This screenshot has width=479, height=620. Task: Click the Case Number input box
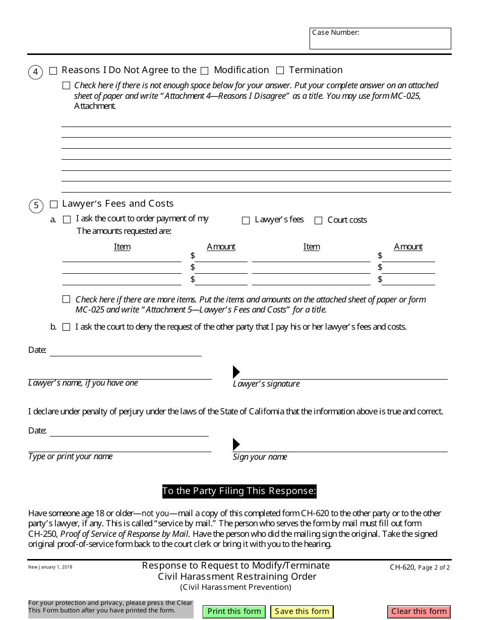coord(380,39)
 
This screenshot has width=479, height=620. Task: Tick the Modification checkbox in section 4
coord(205,71)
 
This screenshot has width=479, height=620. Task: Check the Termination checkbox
coord(280,71)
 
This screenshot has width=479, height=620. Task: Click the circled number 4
coord(35,72)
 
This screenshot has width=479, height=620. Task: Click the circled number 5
coord(36,206)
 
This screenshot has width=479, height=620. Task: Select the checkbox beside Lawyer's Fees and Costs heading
coord(54,204)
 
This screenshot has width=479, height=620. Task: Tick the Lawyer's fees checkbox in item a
coord(246,220)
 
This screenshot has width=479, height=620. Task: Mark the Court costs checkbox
coord(319,220)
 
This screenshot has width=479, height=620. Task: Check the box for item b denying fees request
coord(67,327)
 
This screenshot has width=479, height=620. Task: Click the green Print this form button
coord(234,611)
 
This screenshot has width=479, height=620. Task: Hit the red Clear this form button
coord(419,611)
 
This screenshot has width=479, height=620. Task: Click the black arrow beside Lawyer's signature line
coord(236,372)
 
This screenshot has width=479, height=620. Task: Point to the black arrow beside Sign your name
coord(236,445)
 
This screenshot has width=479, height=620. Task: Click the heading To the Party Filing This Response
coord(239,491)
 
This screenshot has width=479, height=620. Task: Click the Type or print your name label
coord(71,457)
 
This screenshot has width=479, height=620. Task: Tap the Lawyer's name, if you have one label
coord(83,383)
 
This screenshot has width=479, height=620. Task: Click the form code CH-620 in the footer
coord(402,567)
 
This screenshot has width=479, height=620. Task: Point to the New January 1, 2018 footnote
coord(50,567)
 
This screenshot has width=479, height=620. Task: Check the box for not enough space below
coord(67,86)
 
